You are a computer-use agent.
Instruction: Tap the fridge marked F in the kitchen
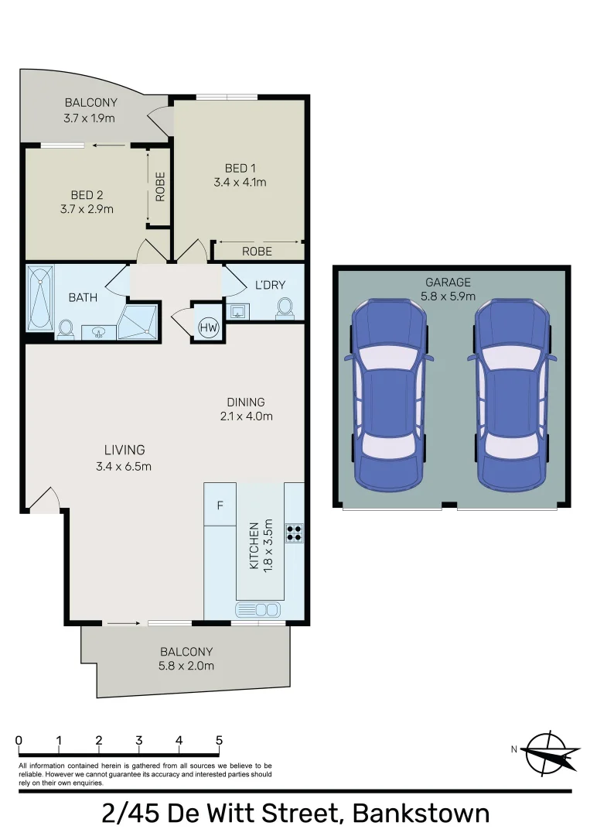click(x=220, y=505)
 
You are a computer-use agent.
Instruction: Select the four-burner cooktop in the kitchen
click(x=294, y=533)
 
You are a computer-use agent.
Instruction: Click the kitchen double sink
click(x=258, y=610)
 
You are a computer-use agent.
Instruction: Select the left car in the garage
click(x=389, y=395)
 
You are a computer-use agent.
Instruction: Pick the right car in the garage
click(x=513, y=395)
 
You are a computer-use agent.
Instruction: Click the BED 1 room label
click(x=239, y=169)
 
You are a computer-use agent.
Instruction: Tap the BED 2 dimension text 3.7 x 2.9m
click(x=87, y=209)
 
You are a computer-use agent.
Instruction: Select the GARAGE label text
click(x=447, y=282)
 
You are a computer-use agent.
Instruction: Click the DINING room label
click(x=246, y=402)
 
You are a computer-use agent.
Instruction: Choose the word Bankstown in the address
click(x=421, y=814)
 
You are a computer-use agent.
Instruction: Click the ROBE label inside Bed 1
click(x=257, y=252)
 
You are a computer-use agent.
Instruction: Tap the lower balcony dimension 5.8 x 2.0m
click(x=186, y=665)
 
